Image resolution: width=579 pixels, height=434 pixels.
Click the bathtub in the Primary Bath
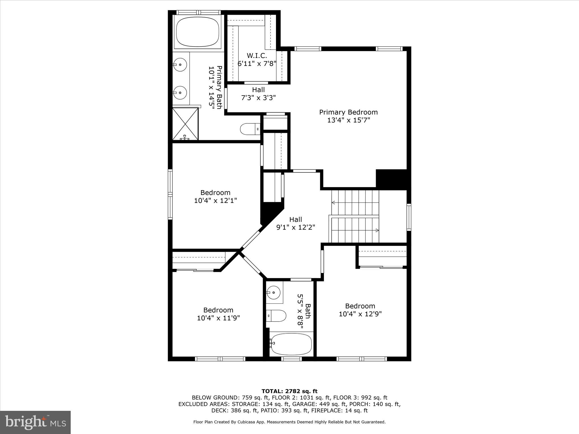198,32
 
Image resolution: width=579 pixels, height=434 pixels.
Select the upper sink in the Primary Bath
180,64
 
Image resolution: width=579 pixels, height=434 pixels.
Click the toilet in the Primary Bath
250,129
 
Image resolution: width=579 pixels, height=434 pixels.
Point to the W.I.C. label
257,55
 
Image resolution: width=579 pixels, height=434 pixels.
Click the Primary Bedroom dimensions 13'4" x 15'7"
348,120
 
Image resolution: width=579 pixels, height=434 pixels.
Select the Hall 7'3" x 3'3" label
258,94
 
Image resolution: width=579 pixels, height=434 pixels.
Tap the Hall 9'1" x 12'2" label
295,223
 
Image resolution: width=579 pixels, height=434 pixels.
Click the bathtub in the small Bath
291,344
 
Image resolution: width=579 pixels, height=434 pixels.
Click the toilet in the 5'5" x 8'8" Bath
276,316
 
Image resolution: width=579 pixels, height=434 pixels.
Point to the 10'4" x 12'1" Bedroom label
215,196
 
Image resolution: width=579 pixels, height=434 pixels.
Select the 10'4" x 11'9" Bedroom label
218,314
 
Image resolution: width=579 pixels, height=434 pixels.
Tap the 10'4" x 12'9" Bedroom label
360,310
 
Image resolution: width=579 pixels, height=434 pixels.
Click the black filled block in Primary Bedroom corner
392,179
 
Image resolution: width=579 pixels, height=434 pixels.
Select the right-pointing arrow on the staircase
377,230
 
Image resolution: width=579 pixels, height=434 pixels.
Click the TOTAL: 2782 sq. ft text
289,391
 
